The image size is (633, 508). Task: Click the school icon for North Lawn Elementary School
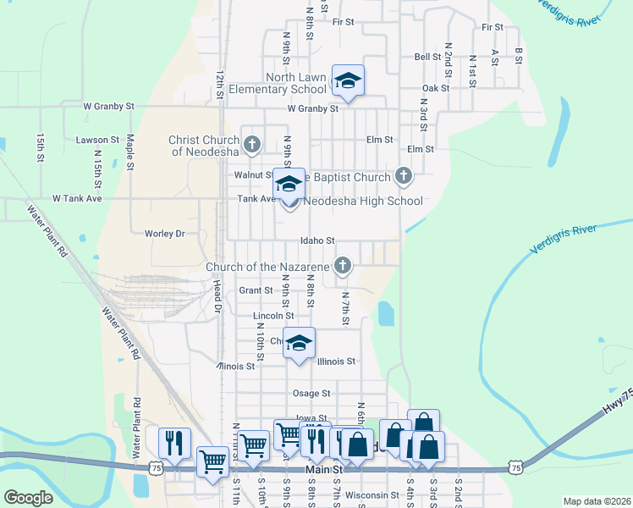point(348,81)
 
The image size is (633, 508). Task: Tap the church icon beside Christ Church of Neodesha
point(251,146)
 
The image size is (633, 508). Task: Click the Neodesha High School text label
point(362,202)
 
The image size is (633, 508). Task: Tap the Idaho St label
point(318,240)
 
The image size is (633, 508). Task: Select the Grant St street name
point(256,290)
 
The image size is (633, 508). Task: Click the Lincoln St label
point(273,316)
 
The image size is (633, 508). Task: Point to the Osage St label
point(311,393)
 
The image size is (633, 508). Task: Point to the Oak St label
point(435,88)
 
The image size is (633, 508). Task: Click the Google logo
point(28,498)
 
